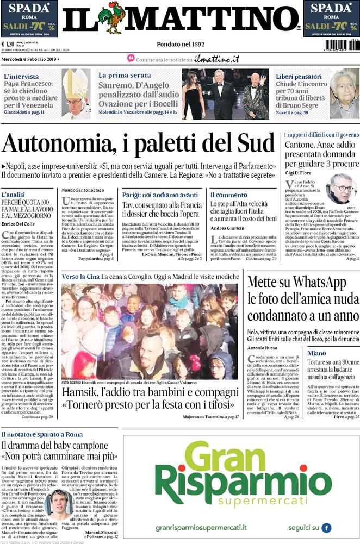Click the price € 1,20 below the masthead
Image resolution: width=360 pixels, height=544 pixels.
pos(8,45)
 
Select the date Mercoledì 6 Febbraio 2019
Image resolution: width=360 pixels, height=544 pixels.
pos(30,58)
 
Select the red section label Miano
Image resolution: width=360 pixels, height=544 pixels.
pos(316,354)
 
